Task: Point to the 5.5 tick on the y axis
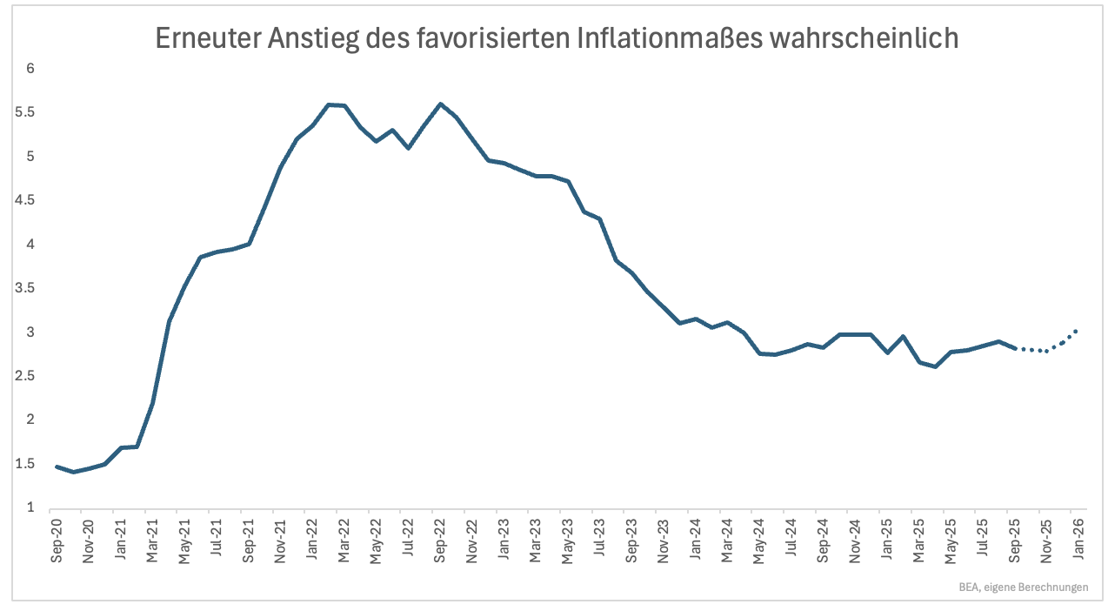[32, 112]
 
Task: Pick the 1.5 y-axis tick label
[32, 463]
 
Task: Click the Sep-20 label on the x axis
[57, 541]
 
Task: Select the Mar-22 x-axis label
[344, 541]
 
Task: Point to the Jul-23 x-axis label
[600, 541]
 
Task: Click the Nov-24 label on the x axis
[855, 541]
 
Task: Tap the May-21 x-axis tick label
[184, 541]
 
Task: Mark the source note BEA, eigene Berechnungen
[1024, 587]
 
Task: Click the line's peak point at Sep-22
[440, 104]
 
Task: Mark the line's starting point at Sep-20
[57, 467]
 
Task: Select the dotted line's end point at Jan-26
[1077, 331]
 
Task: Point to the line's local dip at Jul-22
[408, 148]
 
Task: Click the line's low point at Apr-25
[935, 366]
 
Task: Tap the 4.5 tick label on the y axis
[32, 200]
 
